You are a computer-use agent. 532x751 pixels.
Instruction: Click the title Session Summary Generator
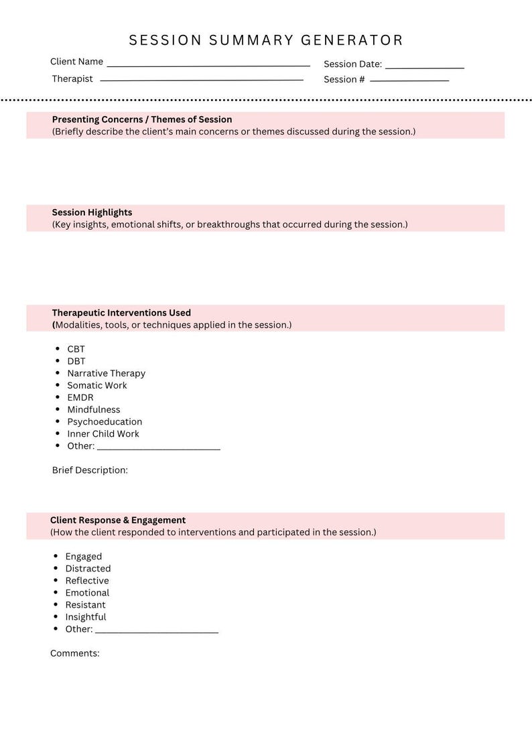(266, 40)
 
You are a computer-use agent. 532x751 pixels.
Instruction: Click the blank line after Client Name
(208, 64)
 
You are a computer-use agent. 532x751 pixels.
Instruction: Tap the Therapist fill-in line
(201, 79)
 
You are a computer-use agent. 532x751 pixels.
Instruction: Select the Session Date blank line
(424, 66)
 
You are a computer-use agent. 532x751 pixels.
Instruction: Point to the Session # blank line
(409, 80)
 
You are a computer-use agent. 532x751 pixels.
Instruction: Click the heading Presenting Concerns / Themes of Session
(142, 119)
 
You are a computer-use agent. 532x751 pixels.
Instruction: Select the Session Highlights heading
(92, 212)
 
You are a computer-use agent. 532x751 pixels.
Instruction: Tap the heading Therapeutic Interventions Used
(121, 313)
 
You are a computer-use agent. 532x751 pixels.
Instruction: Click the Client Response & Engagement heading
(118, 520)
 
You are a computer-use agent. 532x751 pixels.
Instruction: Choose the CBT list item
(76, 349)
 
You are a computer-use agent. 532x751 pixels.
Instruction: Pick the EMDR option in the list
(80, 397)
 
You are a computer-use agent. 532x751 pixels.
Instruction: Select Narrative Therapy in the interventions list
(106, 373)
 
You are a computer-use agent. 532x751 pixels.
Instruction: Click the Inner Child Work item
(103, 433)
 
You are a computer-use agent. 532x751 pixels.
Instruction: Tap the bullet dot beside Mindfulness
(58, 409)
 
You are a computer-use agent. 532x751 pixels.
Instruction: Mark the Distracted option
(88, 568)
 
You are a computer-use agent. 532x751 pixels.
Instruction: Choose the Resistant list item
(85, 604)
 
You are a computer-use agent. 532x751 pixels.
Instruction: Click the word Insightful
(86, 616)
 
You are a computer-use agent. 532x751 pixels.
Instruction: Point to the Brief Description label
(90, 470)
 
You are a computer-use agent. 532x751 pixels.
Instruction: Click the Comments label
(74, 653)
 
